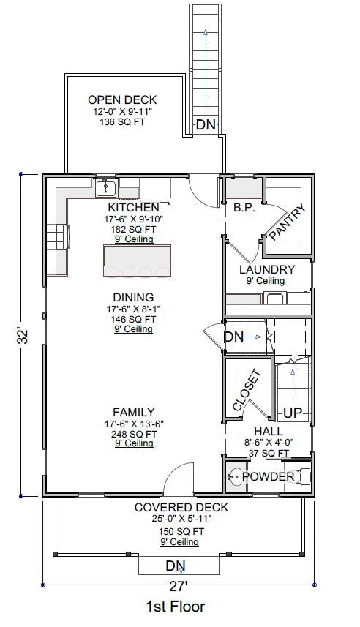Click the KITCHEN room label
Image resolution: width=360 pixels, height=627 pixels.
coord(133,208)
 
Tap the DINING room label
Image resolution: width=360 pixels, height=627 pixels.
coord(133,297)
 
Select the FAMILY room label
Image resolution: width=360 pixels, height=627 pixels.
coord(133,412)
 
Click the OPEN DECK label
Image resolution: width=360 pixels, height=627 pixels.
coord(122,100)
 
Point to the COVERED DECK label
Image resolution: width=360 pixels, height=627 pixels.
coord(181,507)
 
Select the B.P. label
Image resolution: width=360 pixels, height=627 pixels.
coord(244,208)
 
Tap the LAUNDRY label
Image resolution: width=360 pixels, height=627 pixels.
coord(267,269)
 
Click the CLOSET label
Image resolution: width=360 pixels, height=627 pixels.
coord(247,391)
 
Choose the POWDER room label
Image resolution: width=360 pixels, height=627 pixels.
coord(268,477)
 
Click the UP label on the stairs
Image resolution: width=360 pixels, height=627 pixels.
coord(293,413)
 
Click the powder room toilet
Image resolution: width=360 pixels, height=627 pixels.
coord(235,478)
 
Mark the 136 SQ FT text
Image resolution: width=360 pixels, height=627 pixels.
coord(122,122)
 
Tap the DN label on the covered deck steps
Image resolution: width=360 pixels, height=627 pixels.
coord(175,566)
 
